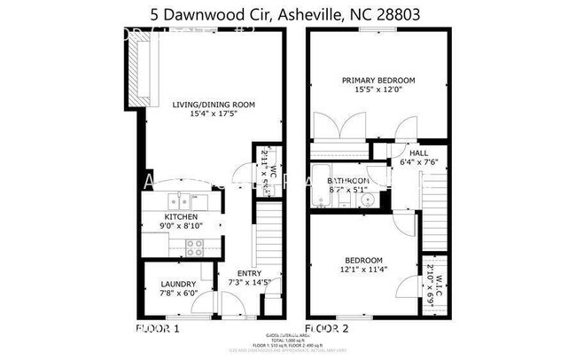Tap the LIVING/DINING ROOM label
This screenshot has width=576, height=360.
point(214,105)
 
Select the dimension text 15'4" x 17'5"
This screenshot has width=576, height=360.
point(214,114)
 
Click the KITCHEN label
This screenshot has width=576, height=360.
point(181,217)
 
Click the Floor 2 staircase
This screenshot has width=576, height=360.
point(434,217)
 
